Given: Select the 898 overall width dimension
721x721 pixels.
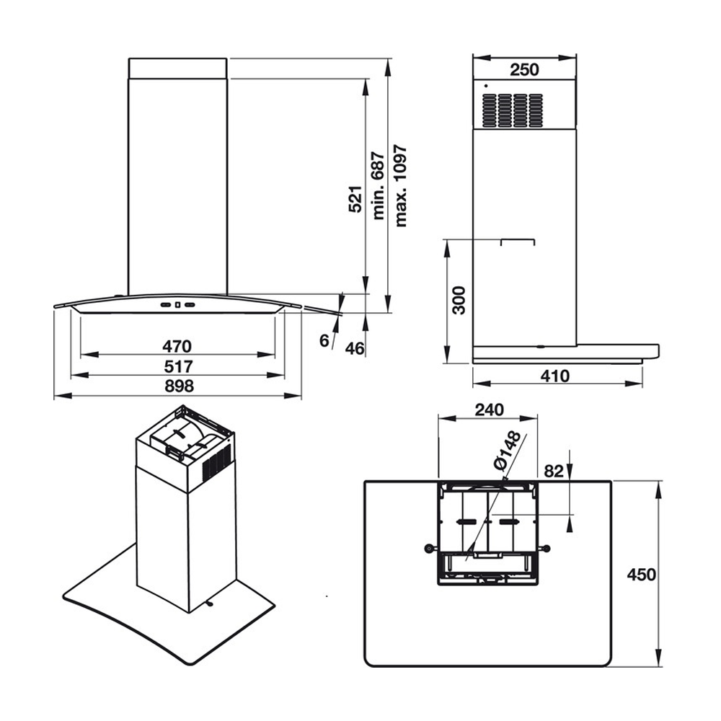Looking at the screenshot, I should click(x=178, y=386).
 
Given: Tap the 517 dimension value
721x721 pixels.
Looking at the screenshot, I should click(x=178, y=365).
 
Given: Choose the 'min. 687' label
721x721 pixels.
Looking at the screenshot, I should click(x=379, y=186).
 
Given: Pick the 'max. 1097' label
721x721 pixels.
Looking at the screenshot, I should click(x=401, y=186).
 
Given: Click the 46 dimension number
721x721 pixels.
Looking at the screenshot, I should click(x=354, y=348).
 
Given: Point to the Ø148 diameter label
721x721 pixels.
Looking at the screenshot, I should click(x=509, y=451).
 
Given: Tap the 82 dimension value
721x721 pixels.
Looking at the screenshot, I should click(x=554, y=472).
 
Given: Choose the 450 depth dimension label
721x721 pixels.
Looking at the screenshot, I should click(x=641, y=575).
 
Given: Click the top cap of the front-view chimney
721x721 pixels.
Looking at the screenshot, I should click(x=178, y=68).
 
